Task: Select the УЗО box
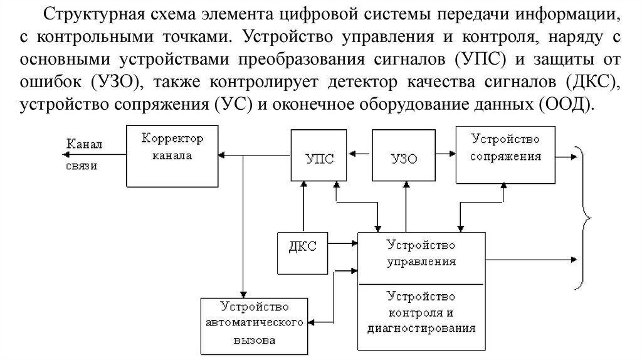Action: [x=401, y=157]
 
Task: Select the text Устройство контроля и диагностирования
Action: [x=421, y=311]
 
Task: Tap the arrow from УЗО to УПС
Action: [x=360, y=152]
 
